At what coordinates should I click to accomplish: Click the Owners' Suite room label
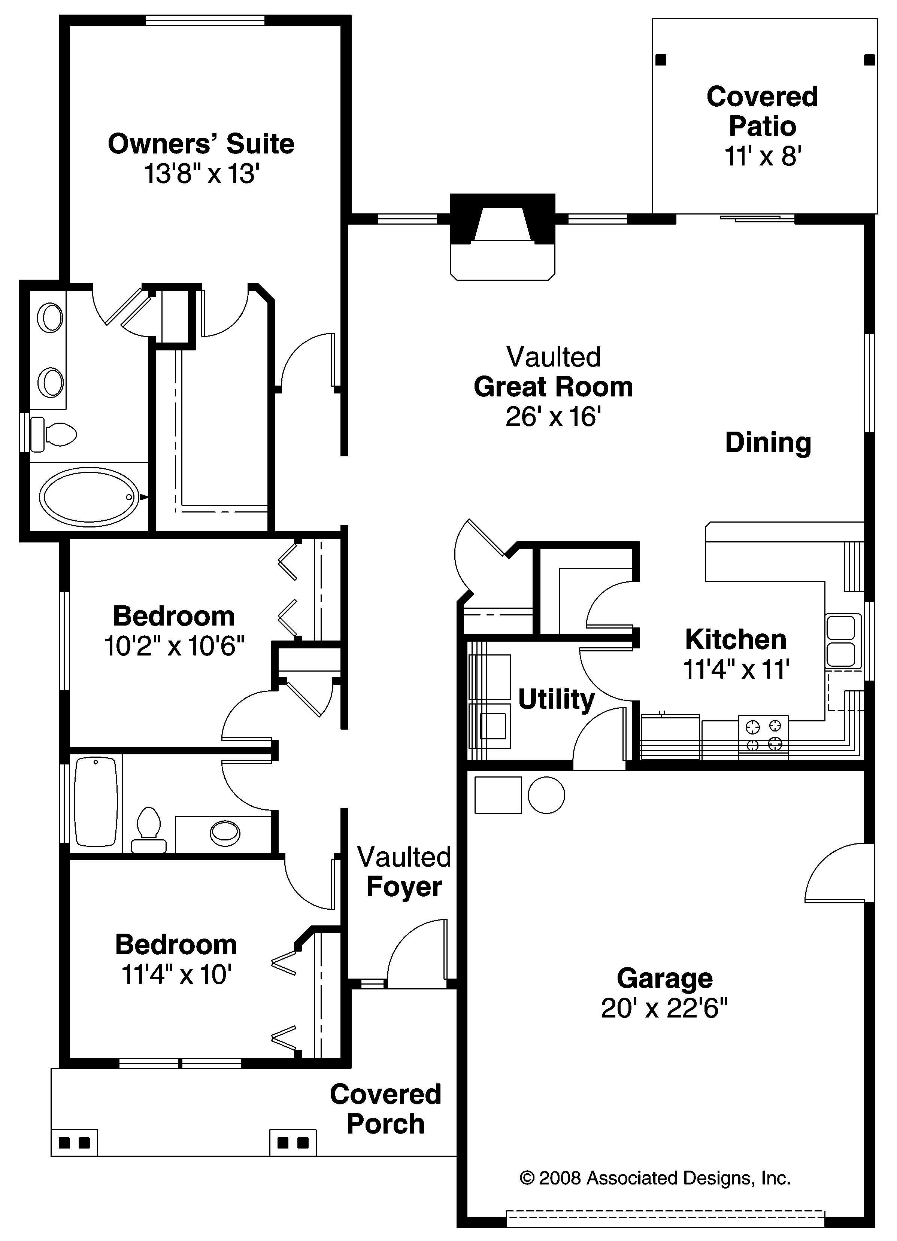point(201,144)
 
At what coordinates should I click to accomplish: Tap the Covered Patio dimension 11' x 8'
point(763,156)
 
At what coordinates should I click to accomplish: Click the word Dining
point(768,442)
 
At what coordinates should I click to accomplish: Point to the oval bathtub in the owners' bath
point(89,496)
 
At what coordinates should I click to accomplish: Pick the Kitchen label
point(736,639)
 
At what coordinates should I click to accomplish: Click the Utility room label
point(556,699)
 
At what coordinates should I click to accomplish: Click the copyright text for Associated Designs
point(655,1177)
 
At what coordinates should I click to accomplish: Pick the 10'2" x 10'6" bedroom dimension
point(174,646)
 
